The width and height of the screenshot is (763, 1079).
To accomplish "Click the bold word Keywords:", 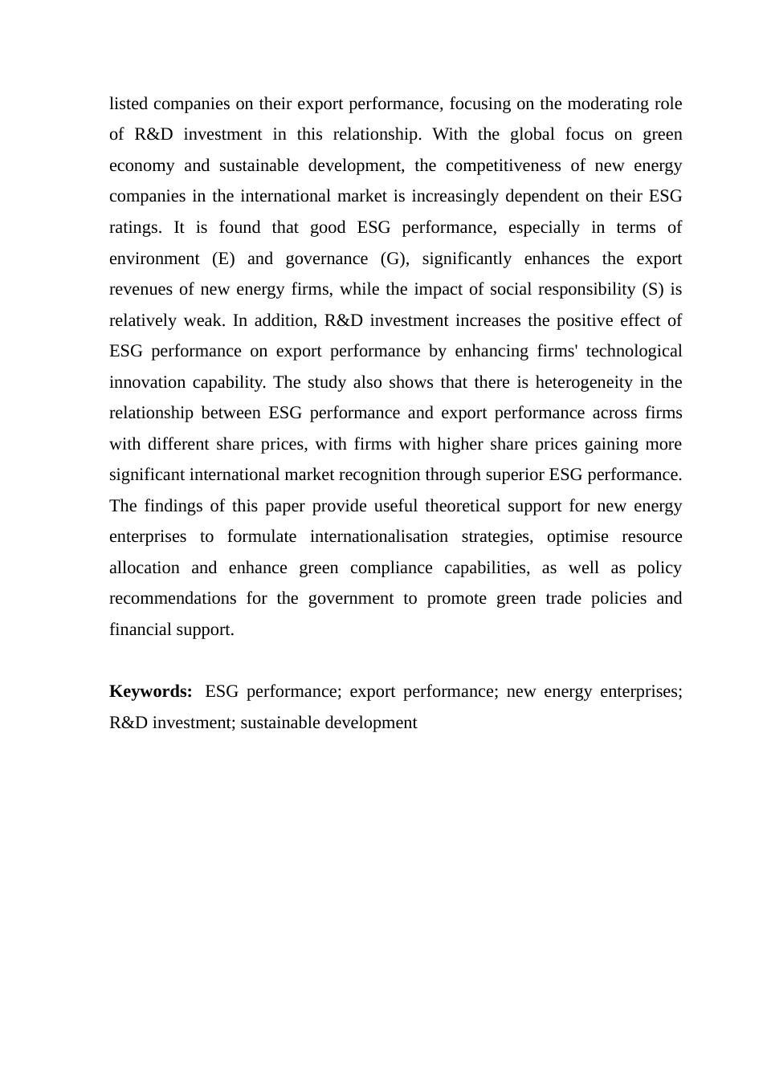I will [x=150, y=692].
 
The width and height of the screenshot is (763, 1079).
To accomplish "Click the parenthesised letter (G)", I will [x=394, y=259].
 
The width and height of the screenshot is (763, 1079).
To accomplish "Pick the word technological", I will [x=634, y=352].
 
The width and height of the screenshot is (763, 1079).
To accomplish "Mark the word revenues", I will [x=139, y=290].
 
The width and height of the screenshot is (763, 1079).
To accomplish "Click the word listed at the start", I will [x=129, y=104].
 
